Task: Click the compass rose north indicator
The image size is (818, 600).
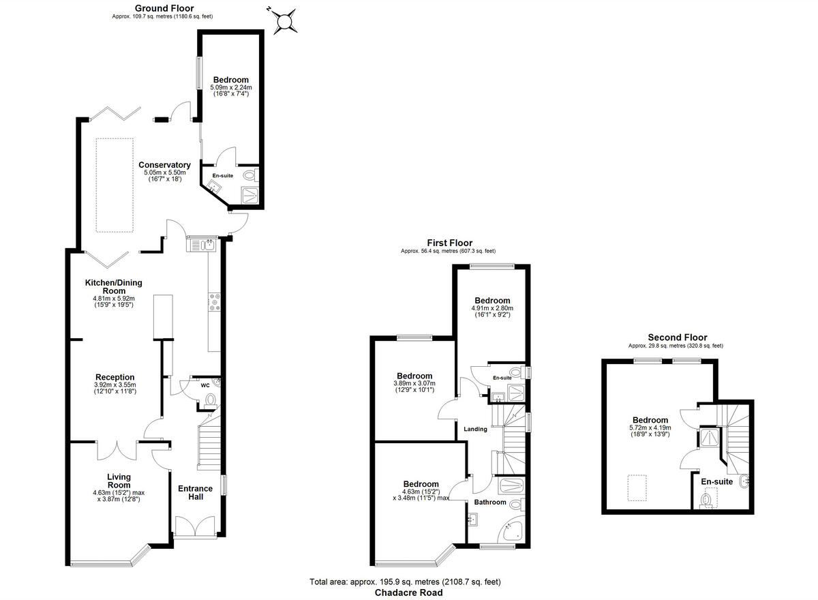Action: pos(284,20)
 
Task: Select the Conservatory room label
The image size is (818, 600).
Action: pos(164,165)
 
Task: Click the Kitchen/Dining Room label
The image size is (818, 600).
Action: pos(114,286)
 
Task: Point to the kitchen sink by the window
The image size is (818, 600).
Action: pos(202,243)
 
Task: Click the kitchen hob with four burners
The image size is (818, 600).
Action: pos(214,301)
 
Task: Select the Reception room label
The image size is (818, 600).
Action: pos(115,377)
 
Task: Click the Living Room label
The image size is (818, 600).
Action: pos(119,481)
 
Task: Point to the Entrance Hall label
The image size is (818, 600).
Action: pos(195,492)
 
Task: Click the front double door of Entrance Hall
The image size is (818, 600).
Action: pos(195,527)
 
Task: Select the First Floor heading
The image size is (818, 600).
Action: pos(449,243)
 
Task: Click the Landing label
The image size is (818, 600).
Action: pos(475,429)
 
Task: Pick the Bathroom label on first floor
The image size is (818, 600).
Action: pos(491,502)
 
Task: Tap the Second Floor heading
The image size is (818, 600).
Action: pos(677,337)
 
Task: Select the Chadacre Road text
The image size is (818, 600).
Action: pos(408,593)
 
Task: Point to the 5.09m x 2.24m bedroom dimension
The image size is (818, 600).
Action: pos(230,87)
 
